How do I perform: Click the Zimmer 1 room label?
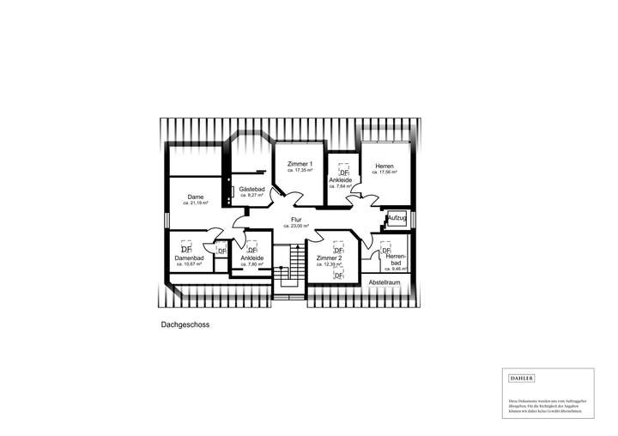point(300,164)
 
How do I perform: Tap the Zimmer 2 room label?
point(329,258)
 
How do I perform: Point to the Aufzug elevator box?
point(397,219)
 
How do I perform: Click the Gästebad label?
point(251,189)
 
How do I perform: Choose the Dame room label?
point(195,197)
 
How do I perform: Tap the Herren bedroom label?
point(384,166)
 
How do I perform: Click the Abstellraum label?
point(385,282)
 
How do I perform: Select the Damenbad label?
point(188,257)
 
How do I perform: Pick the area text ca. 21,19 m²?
point(195,203)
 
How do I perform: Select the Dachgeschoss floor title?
point(185,325)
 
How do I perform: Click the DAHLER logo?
point(521,378)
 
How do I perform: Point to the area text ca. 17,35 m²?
point(300,171)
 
